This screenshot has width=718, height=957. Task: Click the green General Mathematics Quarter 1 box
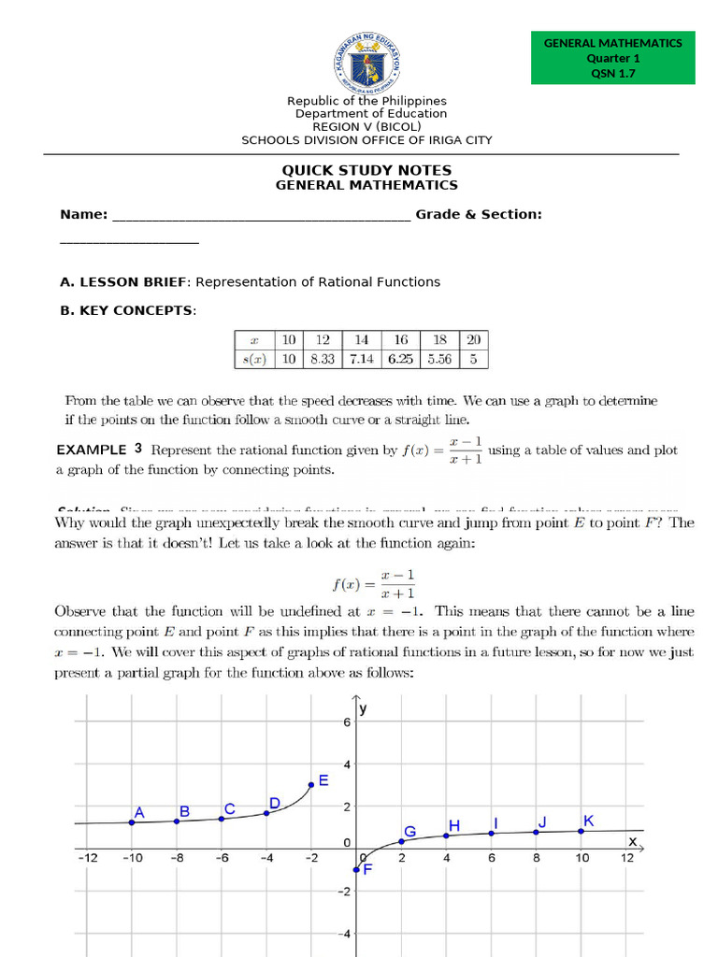pyautogui.click(x=612, y=58)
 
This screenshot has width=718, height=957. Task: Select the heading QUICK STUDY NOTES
pyautogui.click(x=366, y=170)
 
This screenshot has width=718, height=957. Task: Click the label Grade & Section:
pyautogui.click(x=479, y=214)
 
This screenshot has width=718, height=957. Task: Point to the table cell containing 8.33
pyautogui.click(x=323, y=358)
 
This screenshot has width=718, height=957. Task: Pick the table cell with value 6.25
pyautogui.click(x=400, y=358)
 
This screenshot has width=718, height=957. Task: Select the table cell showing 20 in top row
pyautogui.click(x=473, y=340)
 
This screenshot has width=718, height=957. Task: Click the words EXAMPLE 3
pyautogui.click(x=99, y=449)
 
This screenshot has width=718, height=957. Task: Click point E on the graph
pyautogui.click(x=311, y=785)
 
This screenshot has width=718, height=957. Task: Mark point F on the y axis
pyautogui.click(x=356, y=869)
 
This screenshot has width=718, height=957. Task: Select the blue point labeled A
pyautogui.click(x=132, y=822)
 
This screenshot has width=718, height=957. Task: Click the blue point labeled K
pyautogui.click(x=581, y=830)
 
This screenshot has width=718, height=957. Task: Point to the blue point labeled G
pyautogui.click(x=401, y=841)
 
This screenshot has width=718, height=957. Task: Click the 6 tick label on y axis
pyautogui.click(x=345, y=723)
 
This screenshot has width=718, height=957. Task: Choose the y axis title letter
pyautogui.click(x=364, y=709)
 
